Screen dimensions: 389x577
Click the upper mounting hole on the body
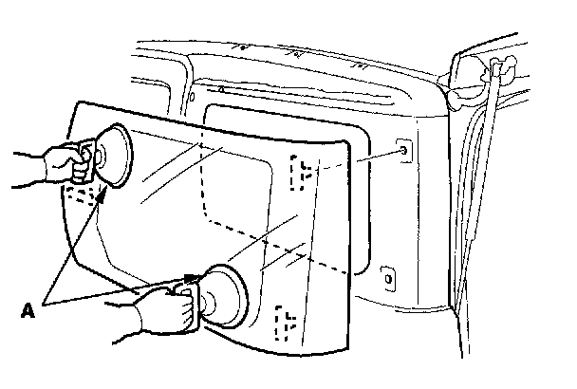coord(404,152)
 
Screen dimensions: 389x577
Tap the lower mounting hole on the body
coord(386,278)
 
